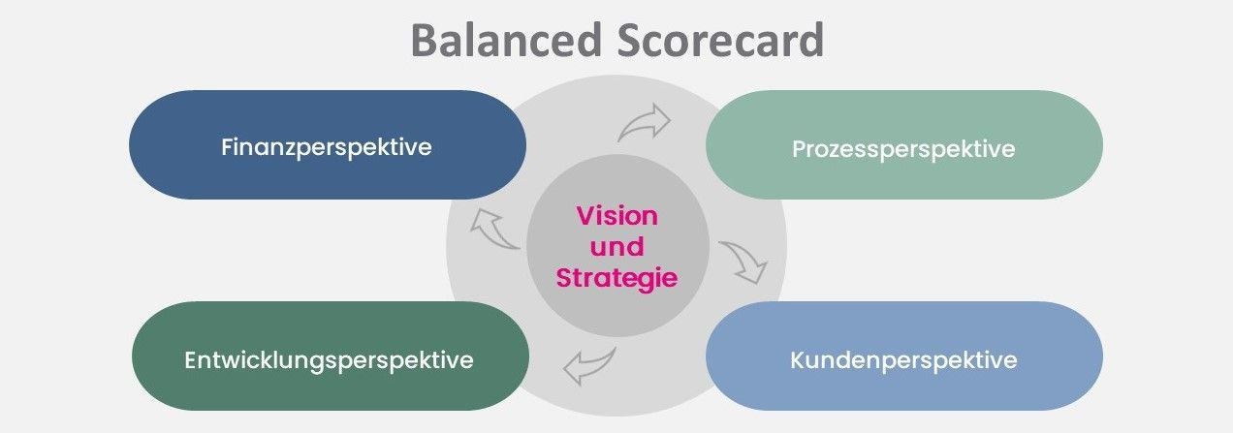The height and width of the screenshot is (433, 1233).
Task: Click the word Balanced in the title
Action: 506,40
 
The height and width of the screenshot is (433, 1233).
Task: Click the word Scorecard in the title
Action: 720,40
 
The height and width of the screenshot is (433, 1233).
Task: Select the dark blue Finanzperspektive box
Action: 328,144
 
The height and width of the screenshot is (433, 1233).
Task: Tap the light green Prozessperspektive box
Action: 903,144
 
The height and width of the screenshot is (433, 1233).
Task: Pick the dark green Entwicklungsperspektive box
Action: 331,356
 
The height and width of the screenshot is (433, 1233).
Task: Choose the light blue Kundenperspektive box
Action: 903,356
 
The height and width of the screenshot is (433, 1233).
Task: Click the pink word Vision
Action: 617,216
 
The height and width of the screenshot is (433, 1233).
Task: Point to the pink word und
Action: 616,246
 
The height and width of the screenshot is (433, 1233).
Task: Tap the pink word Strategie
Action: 616,278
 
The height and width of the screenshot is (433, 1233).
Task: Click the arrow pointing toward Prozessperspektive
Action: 646,123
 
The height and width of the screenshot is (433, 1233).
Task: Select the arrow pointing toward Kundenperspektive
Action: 744,262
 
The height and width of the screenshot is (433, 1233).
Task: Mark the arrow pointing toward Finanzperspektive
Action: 493,229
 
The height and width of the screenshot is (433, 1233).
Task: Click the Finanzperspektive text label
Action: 327,147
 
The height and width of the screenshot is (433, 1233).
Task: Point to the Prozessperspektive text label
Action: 903,149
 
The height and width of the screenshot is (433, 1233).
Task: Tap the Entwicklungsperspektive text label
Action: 329,361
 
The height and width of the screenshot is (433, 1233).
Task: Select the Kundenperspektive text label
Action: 903,360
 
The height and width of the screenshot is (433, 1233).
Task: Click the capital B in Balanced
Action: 424,40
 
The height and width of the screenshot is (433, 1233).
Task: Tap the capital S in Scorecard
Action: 629,40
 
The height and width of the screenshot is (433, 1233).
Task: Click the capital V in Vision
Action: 586,216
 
